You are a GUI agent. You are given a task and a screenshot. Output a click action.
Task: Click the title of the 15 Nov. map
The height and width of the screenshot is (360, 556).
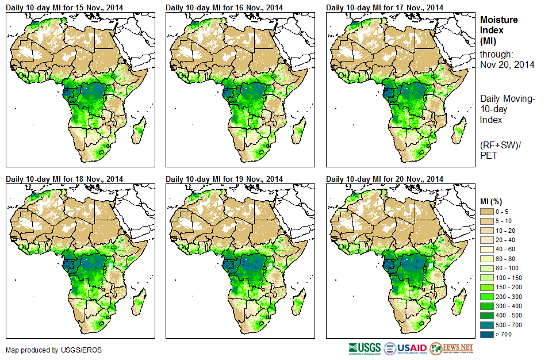click(64, 7)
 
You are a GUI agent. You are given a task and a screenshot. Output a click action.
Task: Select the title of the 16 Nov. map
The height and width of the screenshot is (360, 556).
click(224, 7)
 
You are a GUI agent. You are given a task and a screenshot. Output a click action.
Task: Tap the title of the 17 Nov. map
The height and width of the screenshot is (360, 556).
click(385, 7)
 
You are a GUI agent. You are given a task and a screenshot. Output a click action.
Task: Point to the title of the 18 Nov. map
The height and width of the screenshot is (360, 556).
click(64, 179)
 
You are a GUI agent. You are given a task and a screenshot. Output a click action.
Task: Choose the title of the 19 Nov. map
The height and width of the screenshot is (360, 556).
click(224, 179)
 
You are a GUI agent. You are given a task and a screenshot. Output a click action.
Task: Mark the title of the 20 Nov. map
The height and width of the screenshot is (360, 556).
click(385, 179)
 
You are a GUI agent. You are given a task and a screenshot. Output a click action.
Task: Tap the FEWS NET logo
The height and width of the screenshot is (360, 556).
click(452, 348)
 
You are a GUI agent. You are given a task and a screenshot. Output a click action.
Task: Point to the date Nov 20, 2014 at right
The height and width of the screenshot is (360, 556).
click(507, 64)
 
